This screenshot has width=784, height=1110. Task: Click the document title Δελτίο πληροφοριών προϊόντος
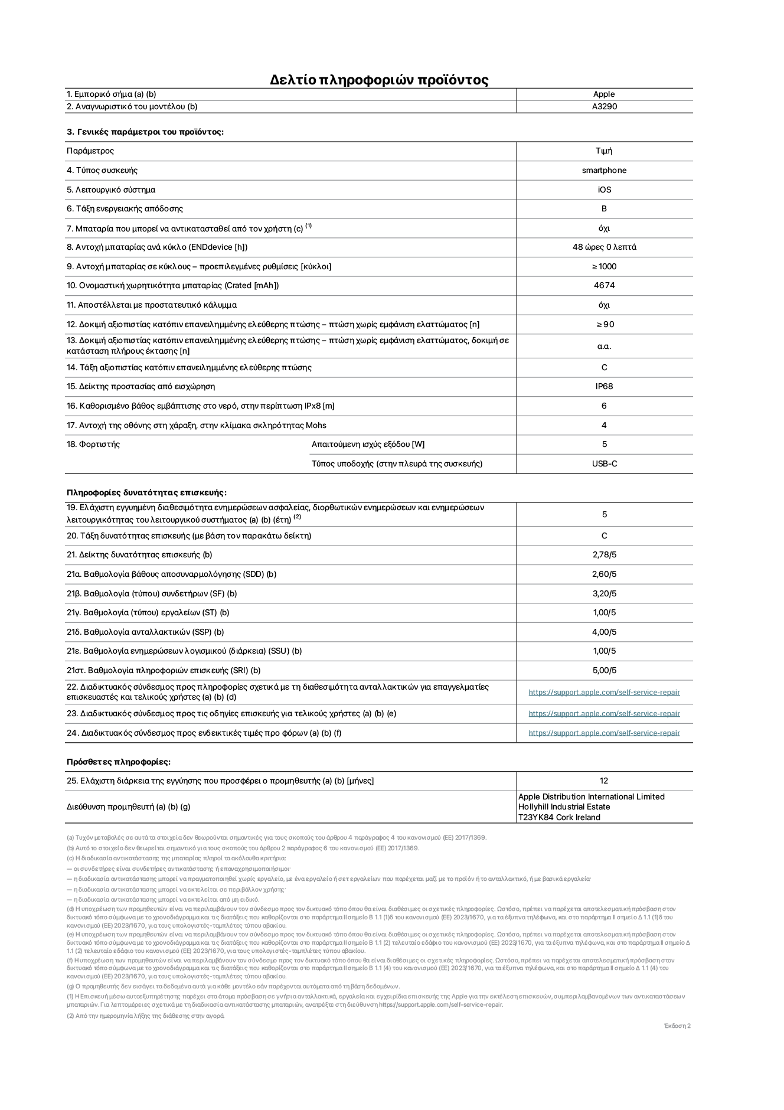pyautogui.click(x=379, y=80)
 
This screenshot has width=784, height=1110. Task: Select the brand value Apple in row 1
pyautogui.click(x=604, y=94)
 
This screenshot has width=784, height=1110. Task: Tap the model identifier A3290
pyautogui.click(x=604, y=107)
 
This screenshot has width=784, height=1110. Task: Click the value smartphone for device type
pyautogui.click(x=604, y=171)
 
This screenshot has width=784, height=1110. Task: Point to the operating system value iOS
pyautogui.click(x=604, y=190)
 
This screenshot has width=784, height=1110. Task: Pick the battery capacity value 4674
pyautogui.click(x=604, y=286)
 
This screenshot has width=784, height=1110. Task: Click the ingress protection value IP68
pyautogui.click(x=604, y=387)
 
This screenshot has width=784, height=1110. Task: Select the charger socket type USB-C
pyautogui.click(x=604, y=464)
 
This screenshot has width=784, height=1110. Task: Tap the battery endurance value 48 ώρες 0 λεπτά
pyautogui.click(x=604, y=247)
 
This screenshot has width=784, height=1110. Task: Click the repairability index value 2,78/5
pyautogui.click(x=604, y=555)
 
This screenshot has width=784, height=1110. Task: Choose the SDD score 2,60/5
pyautogui.click(x=604, y=574)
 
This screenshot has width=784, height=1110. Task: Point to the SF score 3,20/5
pyautogui.click(x=604, y=594)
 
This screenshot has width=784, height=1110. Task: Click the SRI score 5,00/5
pyautogui.click(x=604, y=671)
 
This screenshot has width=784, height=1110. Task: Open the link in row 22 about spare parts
pyautogui.click(x=604, y=693)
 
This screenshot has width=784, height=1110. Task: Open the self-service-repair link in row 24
pyautogui.click(x=604, y=733)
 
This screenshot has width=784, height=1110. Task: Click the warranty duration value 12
pyautogui.click(x=603, y=781)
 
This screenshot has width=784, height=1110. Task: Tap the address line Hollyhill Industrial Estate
pyautogui.click(x=564, y=807)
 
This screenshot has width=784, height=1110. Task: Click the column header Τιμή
pyautogui.click(x=604, y=151)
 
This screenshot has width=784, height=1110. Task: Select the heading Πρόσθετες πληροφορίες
pyautogui.click(x=118, y=762)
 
